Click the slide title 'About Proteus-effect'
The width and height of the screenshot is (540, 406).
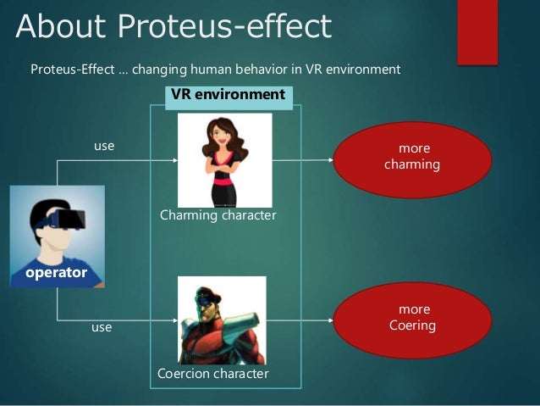point(174,27)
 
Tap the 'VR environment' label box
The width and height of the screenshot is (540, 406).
point(229,95)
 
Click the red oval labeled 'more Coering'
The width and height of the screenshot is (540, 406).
point(414,318)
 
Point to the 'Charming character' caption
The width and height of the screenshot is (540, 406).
point(218,215)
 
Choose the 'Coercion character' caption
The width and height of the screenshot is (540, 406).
point(212,373)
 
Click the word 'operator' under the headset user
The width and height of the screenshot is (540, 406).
point(56,273)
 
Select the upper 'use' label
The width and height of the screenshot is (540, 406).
point(103,146)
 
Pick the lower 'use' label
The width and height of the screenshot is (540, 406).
point(102,326)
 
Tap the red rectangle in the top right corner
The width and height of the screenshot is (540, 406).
point(477,31)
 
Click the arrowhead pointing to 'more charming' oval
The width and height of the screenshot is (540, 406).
point(333,159)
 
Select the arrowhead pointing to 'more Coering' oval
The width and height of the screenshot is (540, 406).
point(333,320)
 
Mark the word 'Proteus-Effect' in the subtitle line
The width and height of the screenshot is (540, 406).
point(70,69)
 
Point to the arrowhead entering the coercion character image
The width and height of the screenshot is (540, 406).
point(175,320)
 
